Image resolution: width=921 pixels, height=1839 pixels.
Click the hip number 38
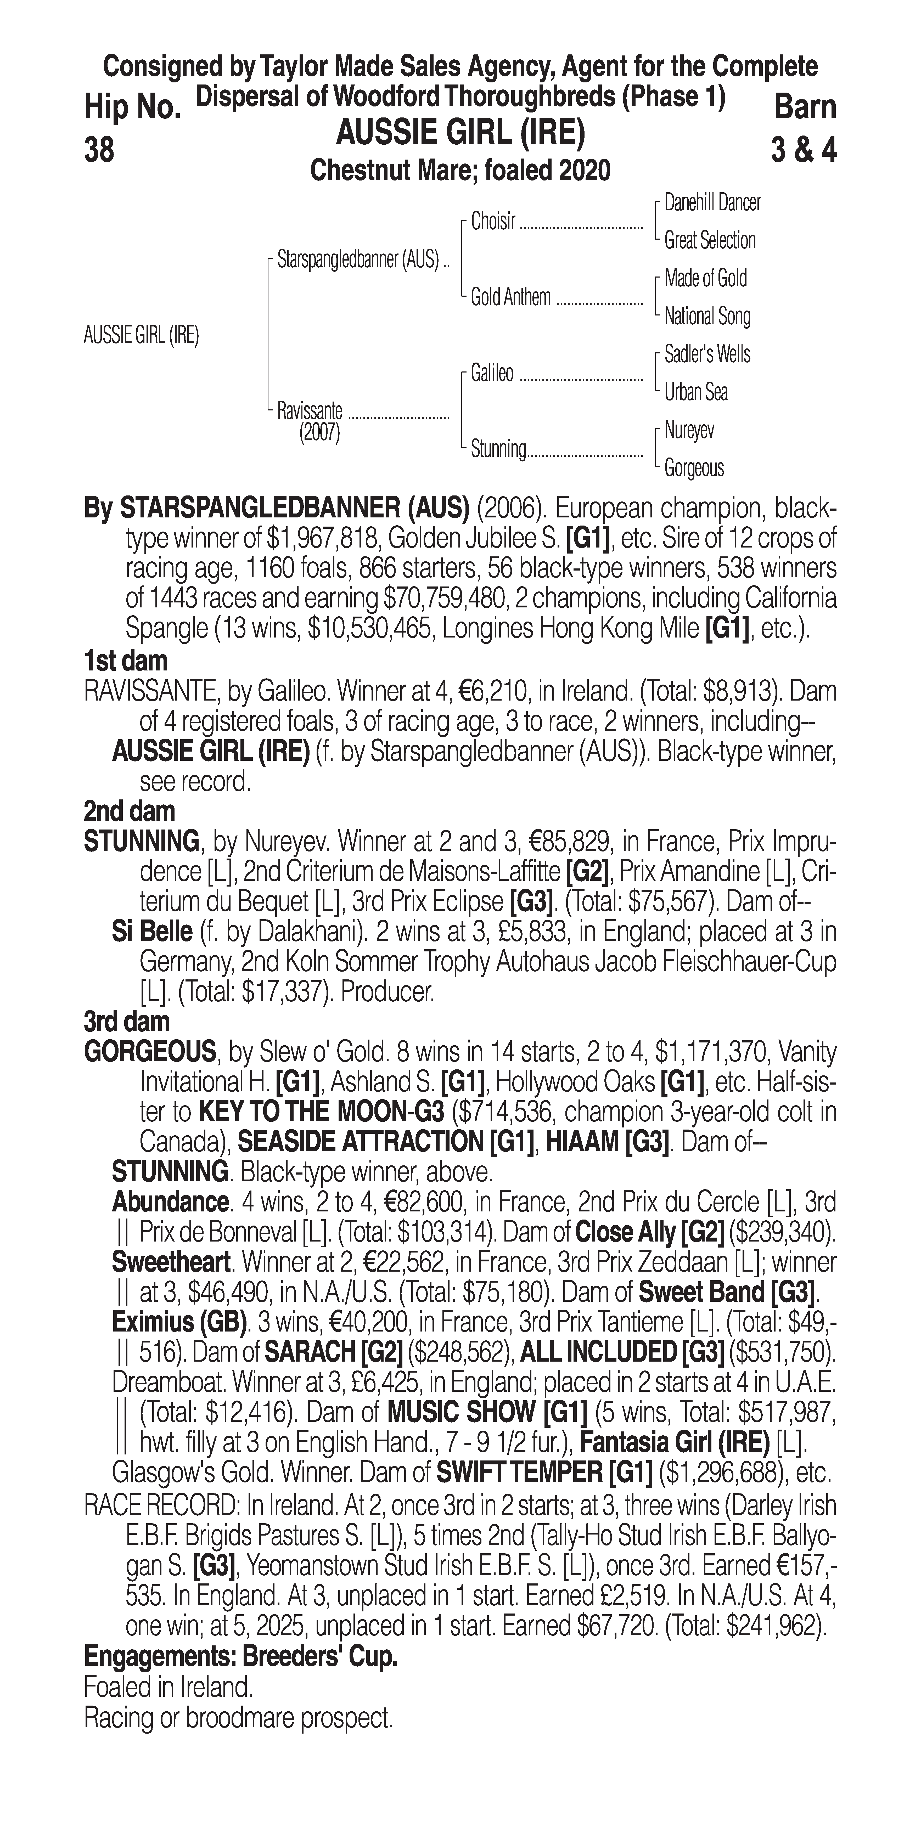point(99,151)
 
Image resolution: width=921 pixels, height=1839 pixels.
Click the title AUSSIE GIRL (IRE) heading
point(460,133)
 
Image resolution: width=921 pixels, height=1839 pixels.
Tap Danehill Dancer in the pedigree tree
point(712,203)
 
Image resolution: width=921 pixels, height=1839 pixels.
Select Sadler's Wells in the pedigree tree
point(707,354)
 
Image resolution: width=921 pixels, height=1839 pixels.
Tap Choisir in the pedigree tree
point(493,222)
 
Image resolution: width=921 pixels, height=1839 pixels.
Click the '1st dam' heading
point(126,661)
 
